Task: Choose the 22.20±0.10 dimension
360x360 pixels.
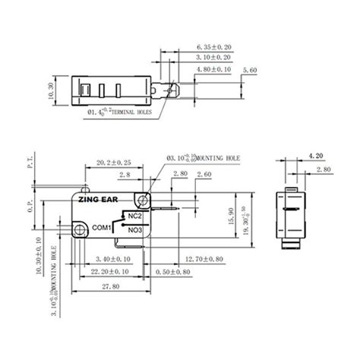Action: coord(114,271)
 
